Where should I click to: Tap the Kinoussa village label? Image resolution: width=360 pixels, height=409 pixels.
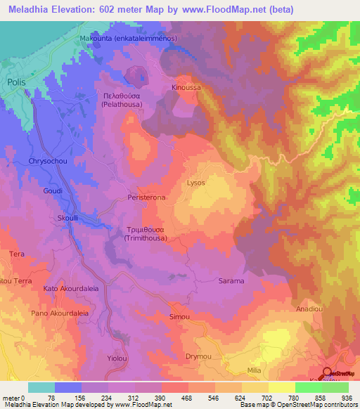coord(186,88)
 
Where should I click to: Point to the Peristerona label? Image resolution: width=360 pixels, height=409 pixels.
coord(146,199)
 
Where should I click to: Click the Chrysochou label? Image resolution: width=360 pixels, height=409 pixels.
coord(46,162)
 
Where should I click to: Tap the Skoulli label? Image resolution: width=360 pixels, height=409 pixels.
coord(69,219)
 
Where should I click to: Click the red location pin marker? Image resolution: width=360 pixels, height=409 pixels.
coord(327,374)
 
